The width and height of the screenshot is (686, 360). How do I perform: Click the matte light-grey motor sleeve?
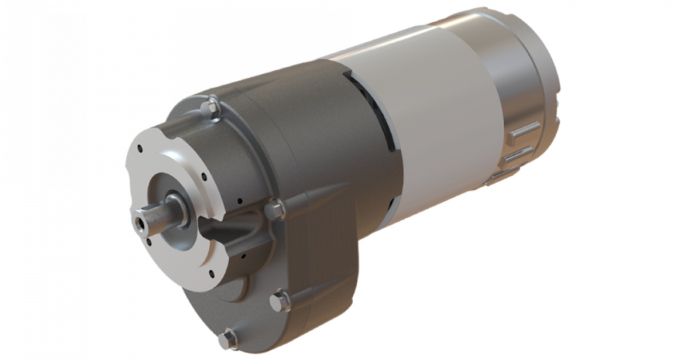pos(434,114)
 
